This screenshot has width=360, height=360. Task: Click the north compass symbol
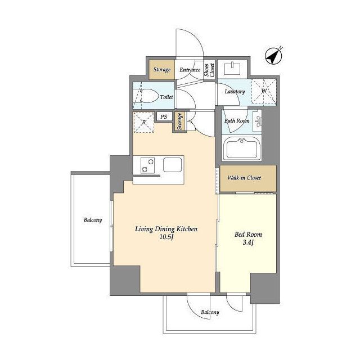[x=273, y=56]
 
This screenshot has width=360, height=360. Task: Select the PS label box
[x=164, y=116]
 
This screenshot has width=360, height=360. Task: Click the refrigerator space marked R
[x=144, y=123]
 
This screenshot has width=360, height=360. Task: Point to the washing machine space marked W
[x=264, y=91]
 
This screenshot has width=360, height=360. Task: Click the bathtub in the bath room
[x=242, y=148]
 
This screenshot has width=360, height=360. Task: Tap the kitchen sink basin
[x=173, y=165]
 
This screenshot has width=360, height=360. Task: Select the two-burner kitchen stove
[x=147, y=165]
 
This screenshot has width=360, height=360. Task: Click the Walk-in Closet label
[x=244, y=178]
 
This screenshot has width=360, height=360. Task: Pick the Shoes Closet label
[x=209, y=70]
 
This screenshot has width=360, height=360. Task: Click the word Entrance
[x=190, y=70]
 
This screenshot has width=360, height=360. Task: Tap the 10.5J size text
[x=166, y=237]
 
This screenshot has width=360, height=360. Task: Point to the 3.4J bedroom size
[x=248, y=242]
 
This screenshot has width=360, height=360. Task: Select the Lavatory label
[x=235, y=92]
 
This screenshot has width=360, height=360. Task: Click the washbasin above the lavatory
[x=232, y=67]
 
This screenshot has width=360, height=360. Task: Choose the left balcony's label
[x=93, y=220]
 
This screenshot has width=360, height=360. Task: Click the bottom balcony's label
[x=210, y=312]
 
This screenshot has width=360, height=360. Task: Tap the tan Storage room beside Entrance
[x=161, y=70]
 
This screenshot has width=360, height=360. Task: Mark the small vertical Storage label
[x=179, y=121]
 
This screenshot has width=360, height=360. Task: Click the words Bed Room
[x=248, y=235]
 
